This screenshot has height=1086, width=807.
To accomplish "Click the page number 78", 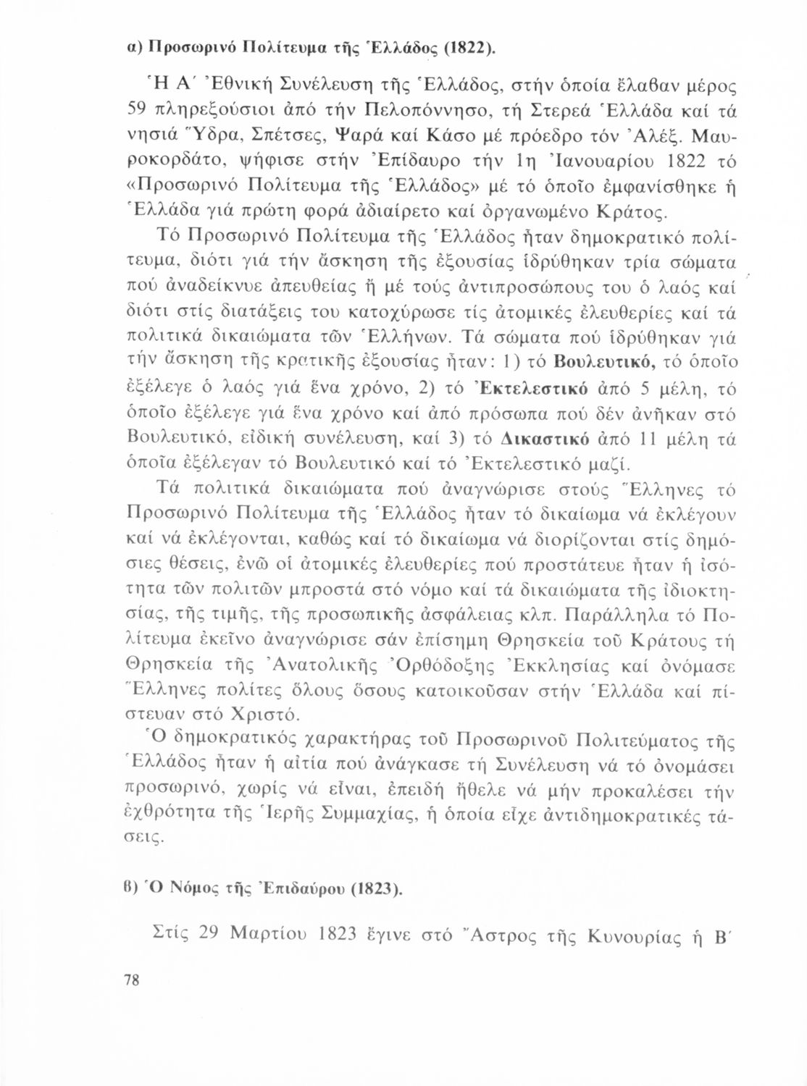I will (134, 980).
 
